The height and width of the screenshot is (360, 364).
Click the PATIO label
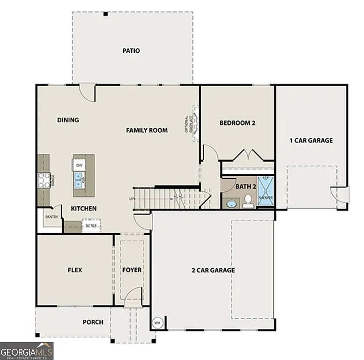click(x=131, y=51)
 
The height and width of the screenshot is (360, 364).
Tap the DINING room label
click(x=68, y=120)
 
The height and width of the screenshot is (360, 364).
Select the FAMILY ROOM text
click(x=147, y=130)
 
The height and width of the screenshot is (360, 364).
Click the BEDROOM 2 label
click(x=237, y=123)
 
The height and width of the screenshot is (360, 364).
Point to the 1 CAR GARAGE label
click(x=311, y=140)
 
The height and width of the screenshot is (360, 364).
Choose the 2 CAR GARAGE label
click(x=213, y=270)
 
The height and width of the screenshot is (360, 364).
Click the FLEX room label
click(x=75, y=270)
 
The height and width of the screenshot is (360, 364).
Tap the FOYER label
click(x=132, y=270)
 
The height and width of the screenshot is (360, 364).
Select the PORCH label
click(x=93, y=322)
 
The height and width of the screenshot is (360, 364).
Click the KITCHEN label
click(x=84, y=208)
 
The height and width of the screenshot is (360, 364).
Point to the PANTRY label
click(x=51, y=217)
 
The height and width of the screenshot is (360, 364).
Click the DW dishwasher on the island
click(x=79, y=165)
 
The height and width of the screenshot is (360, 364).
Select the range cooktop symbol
click(x=44, y=180)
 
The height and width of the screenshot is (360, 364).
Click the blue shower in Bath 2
click(x=266, y=191)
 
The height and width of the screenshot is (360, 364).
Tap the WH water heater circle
click(x=158, y=322)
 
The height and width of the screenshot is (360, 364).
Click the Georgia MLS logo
click(x=27, y=351)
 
